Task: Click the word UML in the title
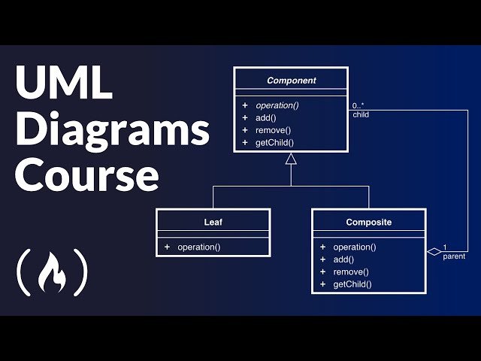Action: pyautogui.click(x=64, y=82)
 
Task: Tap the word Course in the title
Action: pyautogui.click(x=87, y=175)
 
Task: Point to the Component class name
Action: pyautogui.click(x=291, y=80)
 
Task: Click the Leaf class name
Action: pyautogui.click(x=213, y=222)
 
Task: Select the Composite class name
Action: pyautogui.click(x=369, y=222)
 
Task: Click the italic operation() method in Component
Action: pyautogui.click(x=277, y=105)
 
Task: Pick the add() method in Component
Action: pyautogui.click(x=265, y=118)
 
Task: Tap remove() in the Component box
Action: pyautogui.click(x=273, y=130)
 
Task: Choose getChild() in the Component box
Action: pyautogui.click(x=274, y=143)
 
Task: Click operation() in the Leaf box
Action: pyautogui.click(x=198, y=247)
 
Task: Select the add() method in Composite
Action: pyautogui.click(x=343, y=259)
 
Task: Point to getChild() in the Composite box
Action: pyautogui.click(x=352, y=284)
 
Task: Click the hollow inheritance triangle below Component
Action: pyautogui.click(x=291, y=159)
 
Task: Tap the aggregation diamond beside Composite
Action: pyautogui.click(x=434, y=252)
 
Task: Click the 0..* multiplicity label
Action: pyautogui.click(x=358, y=105)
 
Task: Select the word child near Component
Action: pyautogui.click(x=361, y=115)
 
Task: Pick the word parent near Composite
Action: pyautogui.click(x=454, y=256)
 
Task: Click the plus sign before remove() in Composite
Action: pyautogui.click(x=322, y=272)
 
